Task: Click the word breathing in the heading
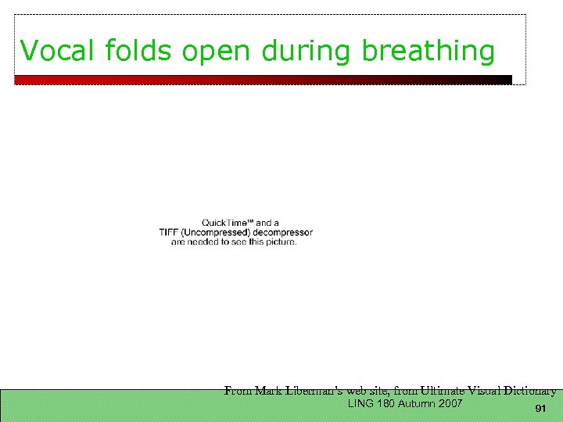tap(428, 52)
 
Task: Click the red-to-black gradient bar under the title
tap(263, 80)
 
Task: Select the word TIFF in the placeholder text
tap(170, 233)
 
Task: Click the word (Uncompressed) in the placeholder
tap(218, 233)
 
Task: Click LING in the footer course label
tap(361, 404)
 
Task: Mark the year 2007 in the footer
tap(451, 404)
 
